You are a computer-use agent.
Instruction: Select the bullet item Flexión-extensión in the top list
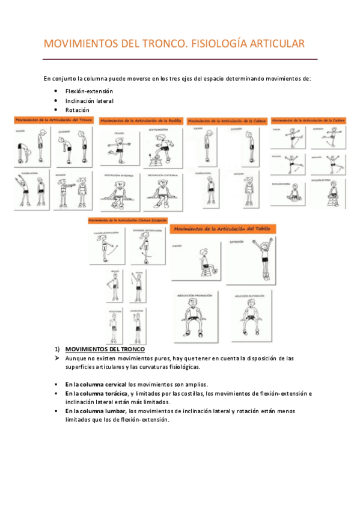tap(89, 91)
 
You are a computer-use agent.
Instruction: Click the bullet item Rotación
tap(78, 110)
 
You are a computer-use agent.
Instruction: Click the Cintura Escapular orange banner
tap(127, 221)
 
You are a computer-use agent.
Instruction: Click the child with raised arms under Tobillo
tap(249, 259)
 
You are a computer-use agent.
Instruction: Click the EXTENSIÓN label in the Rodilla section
tap(159, 129)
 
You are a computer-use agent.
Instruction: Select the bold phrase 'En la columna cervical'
tap(96, 384)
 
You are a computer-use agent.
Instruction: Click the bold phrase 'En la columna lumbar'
tap(95, 411)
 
